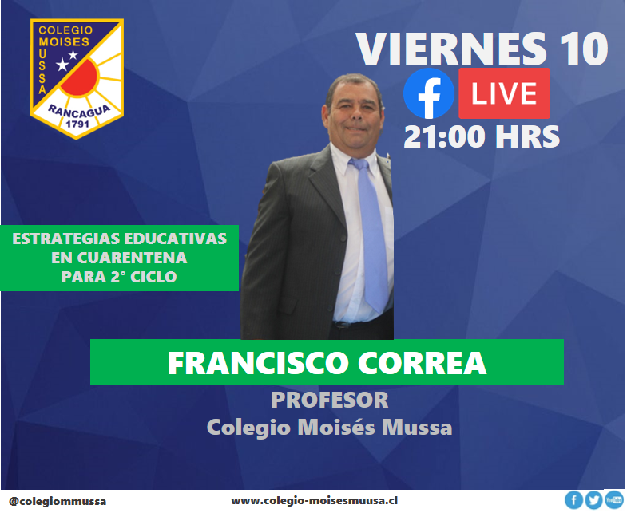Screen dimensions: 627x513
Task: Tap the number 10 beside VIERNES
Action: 585,49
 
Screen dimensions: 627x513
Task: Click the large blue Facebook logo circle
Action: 429,93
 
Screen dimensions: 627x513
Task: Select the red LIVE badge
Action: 504,93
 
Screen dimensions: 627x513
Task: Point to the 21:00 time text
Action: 445,136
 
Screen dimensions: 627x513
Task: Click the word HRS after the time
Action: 528,136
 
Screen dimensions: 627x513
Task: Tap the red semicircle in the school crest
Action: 81,77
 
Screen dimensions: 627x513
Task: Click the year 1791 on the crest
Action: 77,124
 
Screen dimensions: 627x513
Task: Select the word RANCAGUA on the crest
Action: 79,111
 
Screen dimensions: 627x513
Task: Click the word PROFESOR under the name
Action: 330,401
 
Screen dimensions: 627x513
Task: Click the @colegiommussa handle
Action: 58,501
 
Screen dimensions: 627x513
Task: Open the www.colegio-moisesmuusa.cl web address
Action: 315,500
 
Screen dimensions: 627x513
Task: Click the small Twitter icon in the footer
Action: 594,500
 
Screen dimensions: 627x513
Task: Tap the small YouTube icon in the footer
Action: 614,499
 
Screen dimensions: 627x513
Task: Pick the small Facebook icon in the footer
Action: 574,500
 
